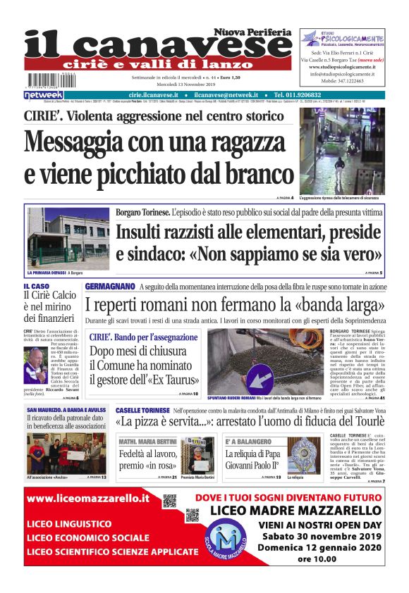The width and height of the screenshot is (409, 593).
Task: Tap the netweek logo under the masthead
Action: (44, 95)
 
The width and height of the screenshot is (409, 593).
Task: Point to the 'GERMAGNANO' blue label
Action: (111, 287)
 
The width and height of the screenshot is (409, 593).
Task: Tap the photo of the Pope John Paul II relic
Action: (304, 454)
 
